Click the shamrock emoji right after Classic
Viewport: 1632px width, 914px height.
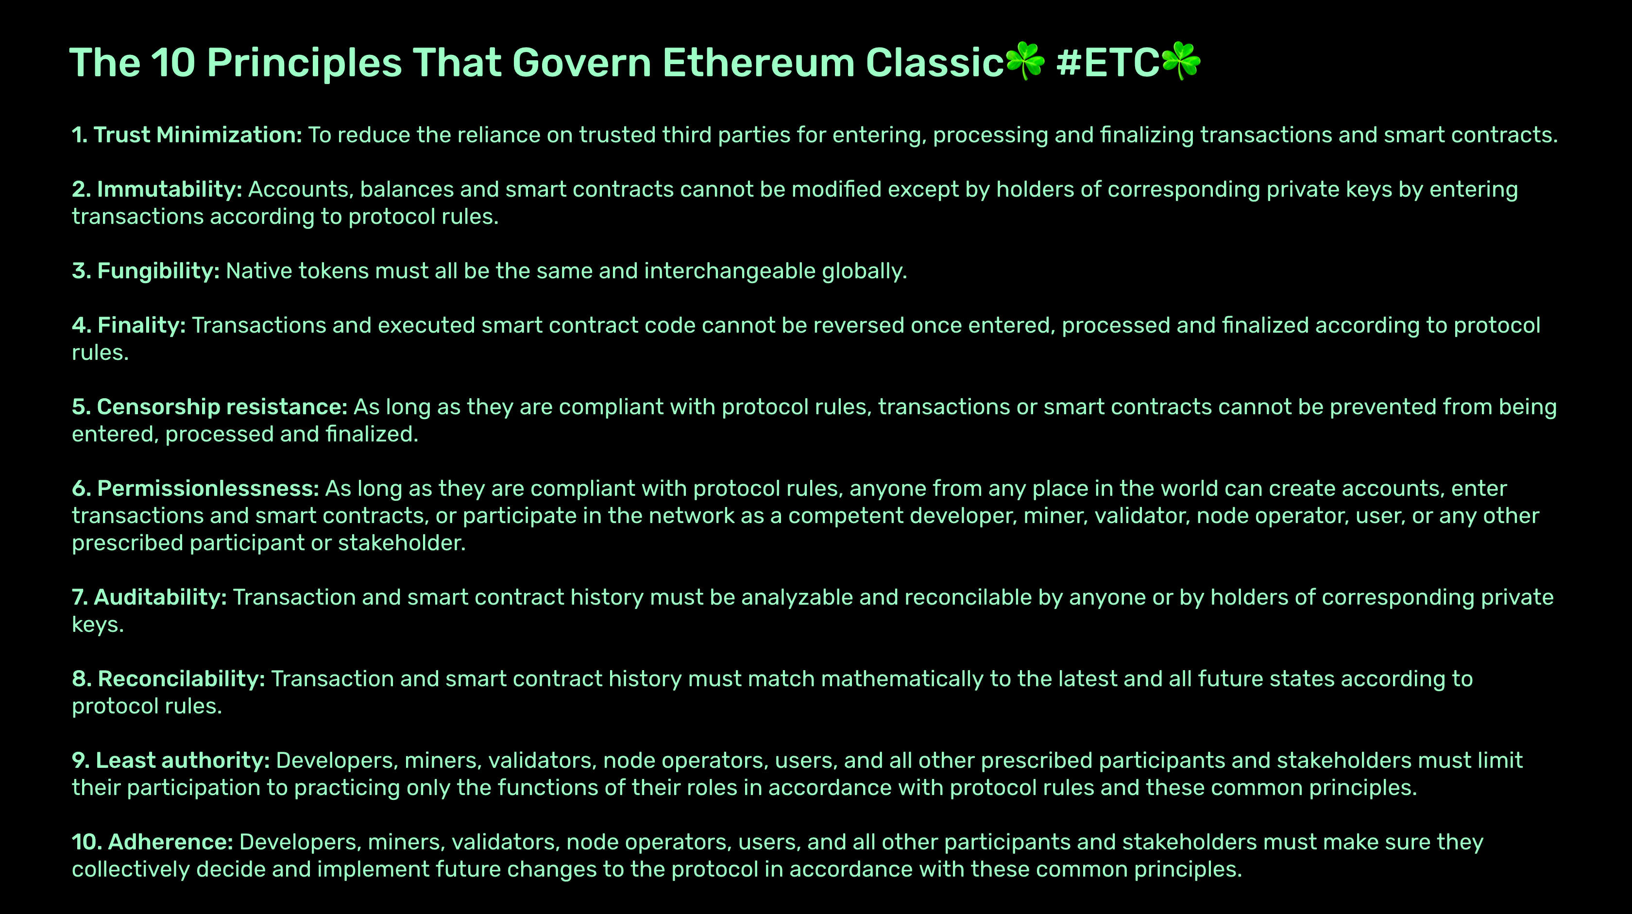click(1025, 62)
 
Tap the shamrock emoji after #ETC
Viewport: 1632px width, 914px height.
click(1181, 62)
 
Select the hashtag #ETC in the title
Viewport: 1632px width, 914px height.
click(1107, 63)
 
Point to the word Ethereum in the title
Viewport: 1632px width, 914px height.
click(758, 63)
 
